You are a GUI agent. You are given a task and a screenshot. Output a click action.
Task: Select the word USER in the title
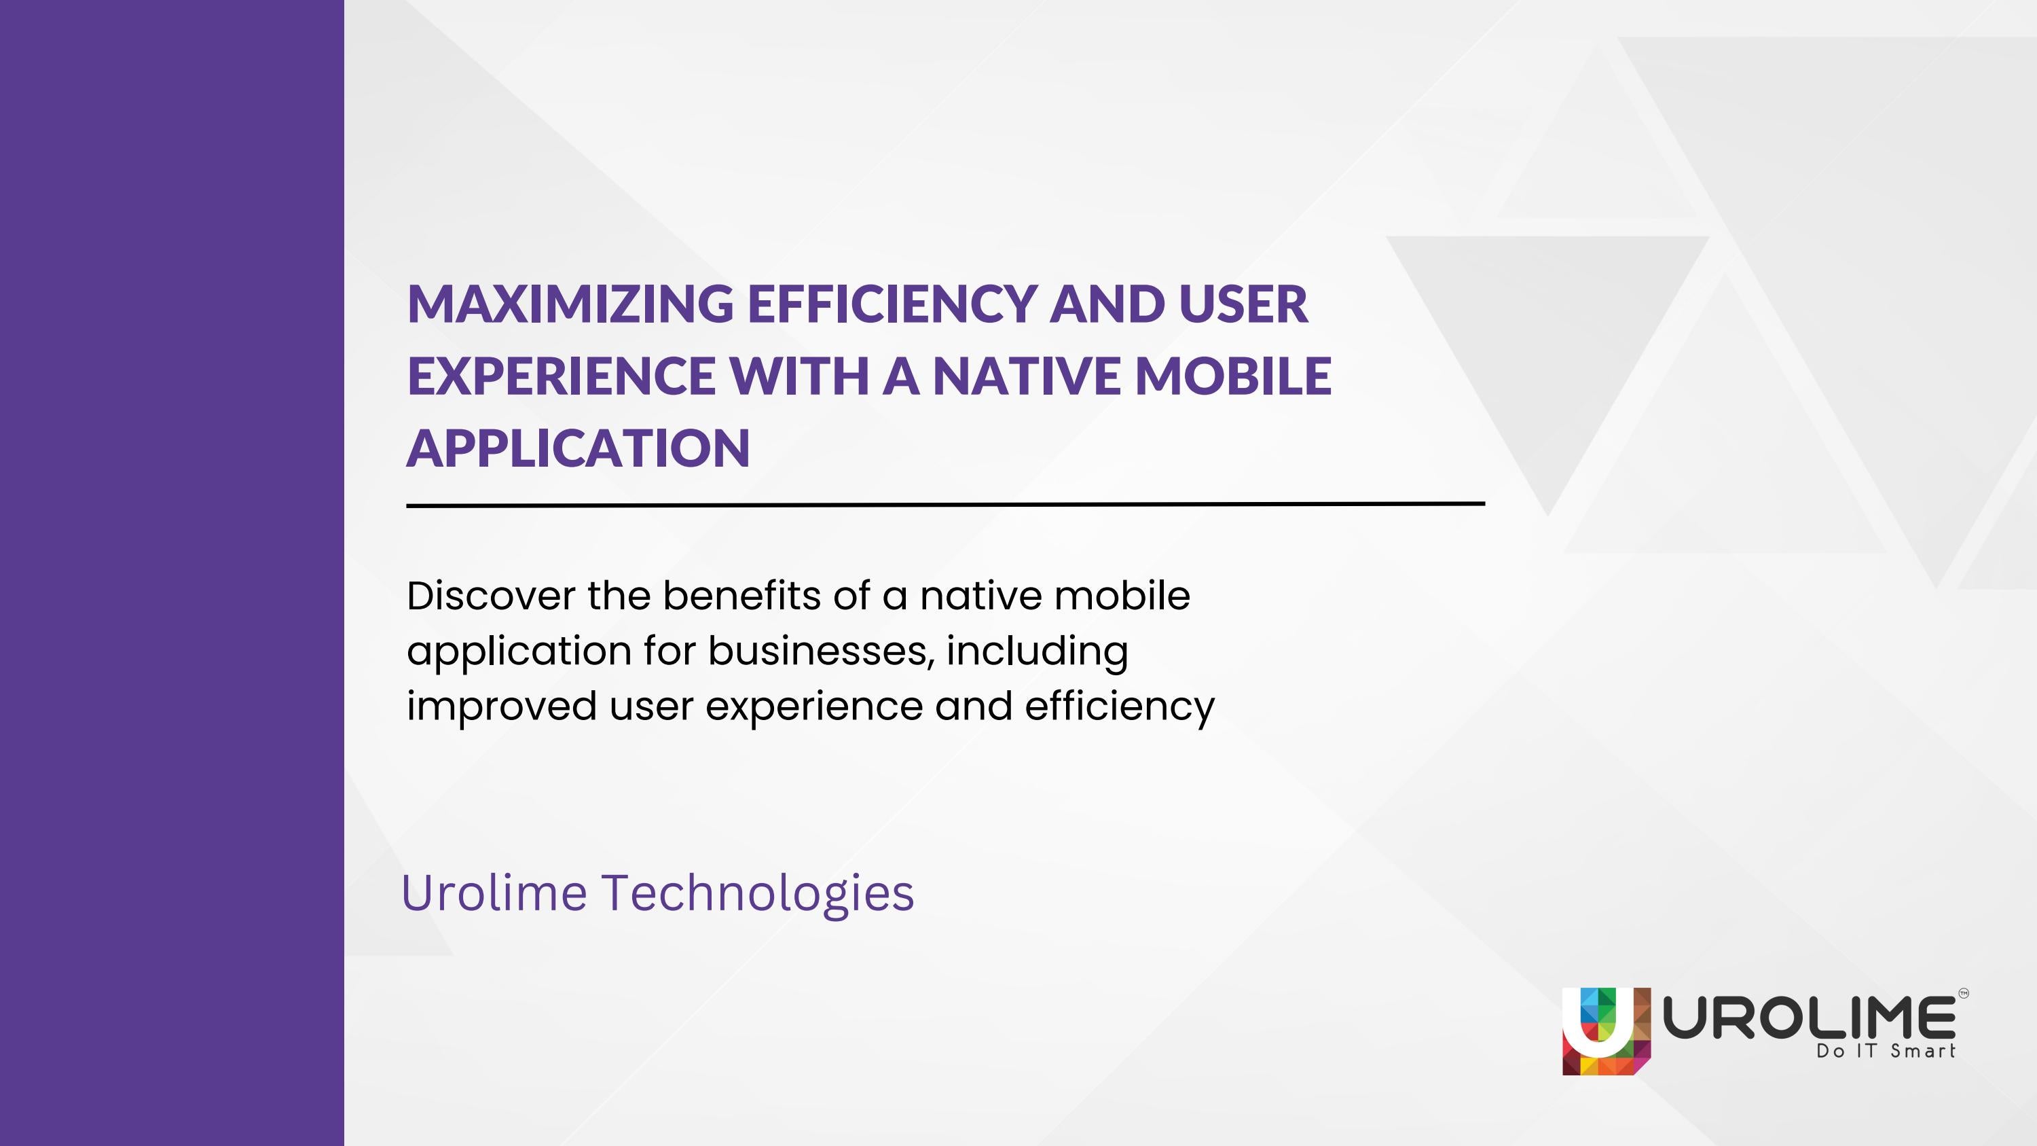click(1243, 304)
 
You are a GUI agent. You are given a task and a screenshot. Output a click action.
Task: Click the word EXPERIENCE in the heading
click(561, 376)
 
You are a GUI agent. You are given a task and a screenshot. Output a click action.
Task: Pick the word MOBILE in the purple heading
click(1233, 376)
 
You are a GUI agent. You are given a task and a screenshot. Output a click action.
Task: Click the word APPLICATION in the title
click(578, 448)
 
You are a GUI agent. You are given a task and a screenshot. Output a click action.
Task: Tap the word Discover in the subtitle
click(490, 596)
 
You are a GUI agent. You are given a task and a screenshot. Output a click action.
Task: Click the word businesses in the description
click(820, 651)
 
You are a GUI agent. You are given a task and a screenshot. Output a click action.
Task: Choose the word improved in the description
click(501, 706)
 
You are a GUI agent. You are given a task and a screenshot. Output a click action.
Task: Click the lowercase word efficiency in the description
click(1119, 706)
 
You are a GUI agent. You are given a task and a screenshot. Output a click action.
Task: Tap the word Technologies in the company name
click(758, 893)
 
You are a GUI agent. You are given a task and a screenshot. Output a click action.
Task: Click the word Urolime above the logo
click(494, 893)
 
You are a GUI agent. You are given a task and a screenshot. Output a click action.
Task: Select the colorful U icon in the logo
click(1606, 1031)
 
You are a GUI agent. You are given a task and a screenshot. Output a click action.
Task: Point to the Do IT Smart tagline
click(1885, 1052)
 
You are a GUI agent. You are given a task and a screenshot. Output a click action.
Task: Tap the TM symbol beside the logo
click(1963, 994)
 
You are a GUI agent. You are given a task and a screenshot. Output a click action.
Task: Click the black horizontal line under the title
click(945, 504)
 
